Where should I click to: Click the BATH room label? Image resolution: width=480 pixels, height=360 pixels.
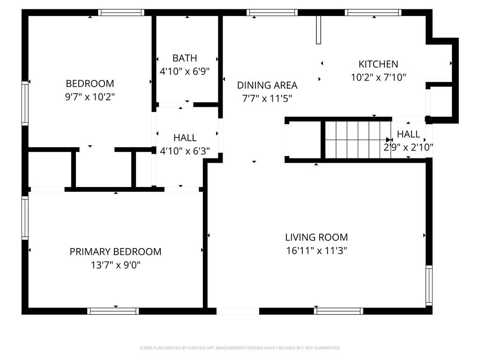pyautogui.click(x=185, y=58)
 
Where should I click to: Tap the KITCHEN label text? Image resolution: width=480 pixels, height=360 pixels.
pyautogui.click(x=378, y=64)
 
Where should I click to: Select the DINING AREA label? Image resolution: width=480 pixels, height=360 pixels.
pyautogui.click(x=267, y=85)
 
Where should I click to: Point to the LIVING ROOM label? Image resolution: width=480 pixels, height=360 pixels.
pyautogui.click(x=316, y=237)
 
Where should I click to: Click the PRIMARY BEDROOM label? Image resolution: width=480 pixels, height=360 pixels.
pyautogui.click(x=115, y=252)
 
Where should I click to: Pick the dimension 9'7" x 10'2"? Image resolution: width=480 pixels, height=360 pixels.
pyautogui.click(x=90, y=97)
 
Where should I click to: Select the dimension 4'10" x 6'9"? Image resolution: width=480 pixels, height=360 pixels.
pyautogui.click(x=185, y=71)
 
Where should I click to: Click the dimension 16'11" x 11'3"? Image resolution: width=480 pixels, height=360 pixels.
pyautogui.click(x=316, y=251)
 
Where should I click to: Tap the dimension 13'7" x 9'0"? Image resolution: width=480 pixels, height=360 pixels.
pyautogui.click(x=115, y=265)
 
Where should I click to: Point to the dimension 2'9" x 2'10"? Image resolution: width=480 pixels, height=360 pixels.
pyautogui.click(x=408, y=148)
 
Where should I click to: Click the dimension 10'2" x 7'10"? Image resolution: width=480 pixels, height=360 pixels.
pyautogui.click(x=378, y=77)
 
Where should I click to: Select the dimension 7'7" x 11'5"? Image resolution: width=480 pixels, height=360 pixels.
pyautogui.click(x=267, y=98)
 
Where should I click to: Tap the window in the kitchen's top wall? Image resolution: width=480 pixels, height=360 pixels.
pyautogui.click(x=373, y=13)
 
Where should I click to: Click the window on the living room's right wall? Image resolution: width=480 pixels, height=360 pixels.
pyautogui.click(x=429, y=285)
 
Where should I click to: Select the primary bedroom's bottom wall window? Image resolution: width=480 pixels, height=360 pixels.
pyautogui.click(x=113, y=311)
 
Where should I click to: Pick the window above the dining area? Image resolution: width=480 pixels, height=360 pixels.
pyautogui.click(x=272, y=13)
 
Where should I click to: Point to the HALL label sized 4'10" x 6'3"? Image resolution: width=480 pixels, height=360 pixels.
pyautogui.click(x=185, y=138)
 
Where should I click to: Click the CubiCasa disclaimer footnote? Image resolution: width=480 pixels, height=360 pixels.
pyautogui.click(x=240, y=348)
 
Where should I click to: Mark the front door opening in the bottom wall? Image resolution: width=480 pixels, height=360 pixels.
pyautogui.click(x=238, y=311)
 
